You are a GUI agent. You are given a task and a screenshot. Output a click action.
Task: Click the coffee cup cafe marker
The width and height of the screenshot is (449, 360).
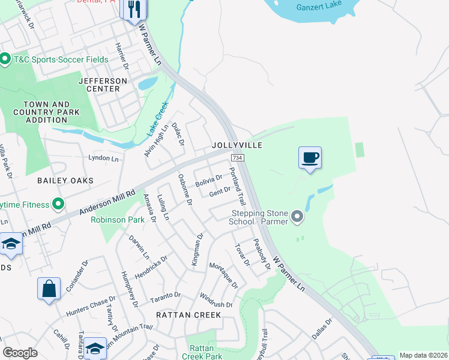(310, 158)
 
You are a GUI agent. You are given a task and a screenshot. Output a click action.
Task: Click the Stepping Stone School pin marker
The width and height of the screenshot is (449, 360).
(297, 217)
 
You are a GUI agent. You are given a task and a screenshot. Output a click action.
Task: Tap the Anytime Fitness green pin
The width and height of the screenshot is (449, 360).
(58, 205)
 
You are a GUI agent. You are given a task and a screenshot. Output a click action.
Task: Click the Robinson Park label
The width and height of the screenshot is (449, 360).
(118, 220)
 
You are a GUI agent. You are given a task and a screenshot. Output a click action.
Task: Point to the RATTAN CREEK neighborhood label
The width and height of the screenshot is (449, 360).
(188, 314)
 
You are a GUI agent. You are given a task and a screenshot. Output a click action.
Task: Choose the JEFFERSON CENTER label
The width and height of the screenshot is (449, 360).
(103, 85)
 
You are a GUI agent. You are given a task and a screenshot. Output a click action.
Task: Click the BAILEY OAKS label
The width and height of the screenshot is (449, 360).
(65, 181)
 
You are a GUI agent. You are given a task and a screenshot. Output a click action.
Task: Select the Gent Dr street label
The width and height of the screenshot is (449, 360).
(220, 191)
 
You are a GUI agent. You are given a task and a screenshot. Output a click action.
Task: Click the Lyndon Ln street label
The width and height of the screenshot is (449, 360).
(103, 158)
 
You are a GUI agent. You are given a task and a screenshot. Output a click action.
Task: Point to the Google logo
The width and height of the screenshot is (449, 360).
(20, 353)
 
